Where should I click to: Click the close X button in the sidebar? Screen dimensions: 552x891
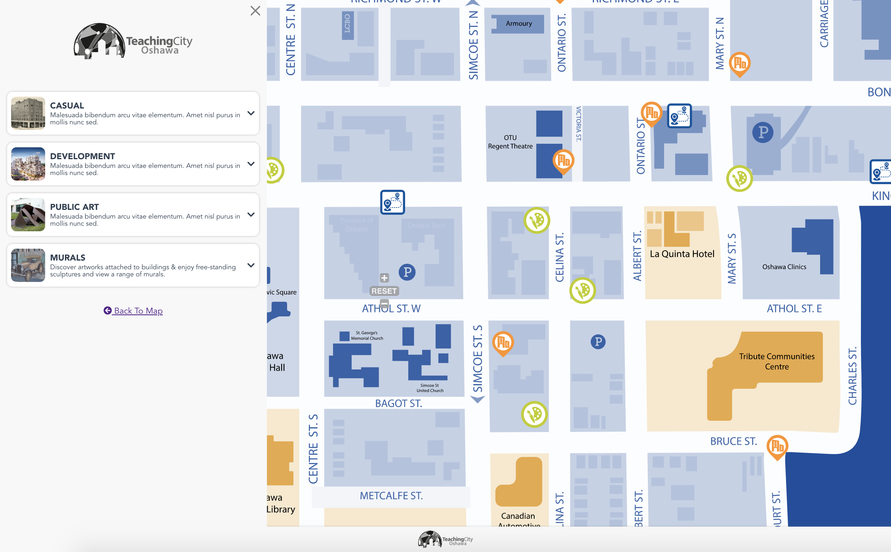pos(255,11)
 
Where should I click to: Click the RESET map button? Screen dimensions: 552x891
pos(384,291)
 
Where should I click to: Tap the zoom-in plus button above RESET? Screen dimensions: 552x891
pos(384,278)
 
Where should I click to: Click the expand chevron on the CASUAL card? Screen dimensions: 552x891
pos(251,113)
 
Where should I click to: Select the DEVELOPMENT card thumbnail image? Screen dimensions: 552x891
pos(28,164)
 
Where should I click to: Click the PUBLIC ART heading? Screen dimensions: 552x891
pos(74,207)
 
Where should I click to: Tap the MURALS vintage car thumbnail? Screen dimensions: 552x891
pos(28,265)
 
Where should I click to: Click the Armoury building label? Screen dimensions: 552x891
pos(519,24)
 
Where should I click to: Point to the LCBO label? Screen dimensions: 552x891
pos(347,24)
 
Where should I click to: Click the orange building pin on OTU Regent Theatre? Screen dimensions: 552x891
pos(563,160)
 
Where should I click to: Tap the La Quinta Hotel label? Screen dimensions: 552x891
pos(682,254)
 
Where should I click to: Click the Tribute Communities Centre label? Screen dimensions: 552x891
pos(777,361)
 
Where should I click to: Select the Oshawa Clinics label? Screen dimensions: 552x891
pos(784,267)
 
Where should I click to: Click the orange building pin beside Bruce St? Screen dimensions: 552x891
pos(777,446)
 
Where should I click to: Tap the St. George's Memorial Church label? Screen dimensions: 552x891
pos(367,336)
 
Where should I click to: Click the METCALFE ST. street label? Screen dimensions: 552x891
pos(391,496)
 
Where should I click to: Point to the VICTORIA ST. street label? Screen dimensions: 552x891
pos(579,124)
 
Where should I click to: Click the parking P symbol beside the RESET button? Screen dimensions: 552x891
pos(407,272)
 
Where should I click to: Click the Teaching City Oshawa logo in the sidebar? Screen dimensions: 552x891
pos(133,41)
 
